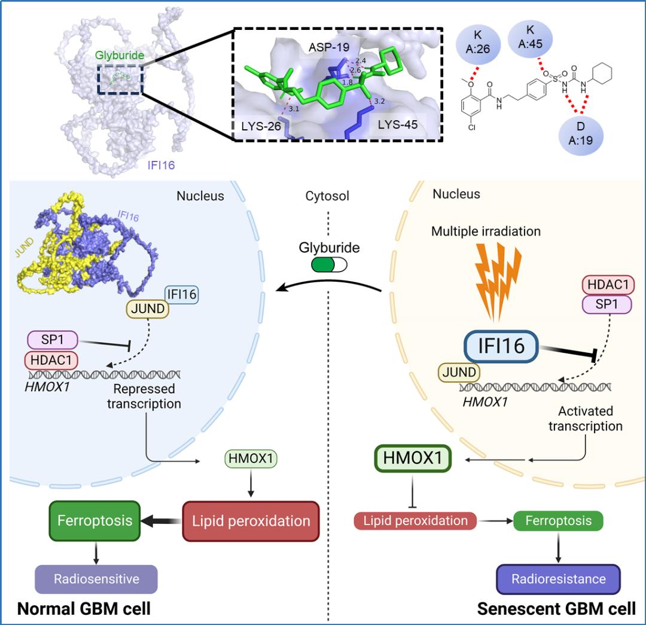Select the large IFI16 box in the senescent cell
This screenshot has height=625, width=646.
pyautogui.click(x=502, y=346)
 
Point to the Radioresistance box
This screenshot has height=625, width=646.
pyautogui.click(x=558, y=578)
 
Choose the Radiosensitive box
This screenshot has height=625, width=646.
pyautogui.click(x=96, y=578)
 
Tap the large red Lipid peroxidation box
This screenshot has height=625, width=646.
pyautogui.click(x=251, y=520)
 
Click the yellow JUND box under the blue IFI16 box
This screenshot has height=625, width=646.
pyautogui.click(x=147, y=309)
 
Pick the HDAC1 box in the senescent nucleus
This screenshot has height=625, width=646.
pyautogui.click(x=607, y=285)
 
